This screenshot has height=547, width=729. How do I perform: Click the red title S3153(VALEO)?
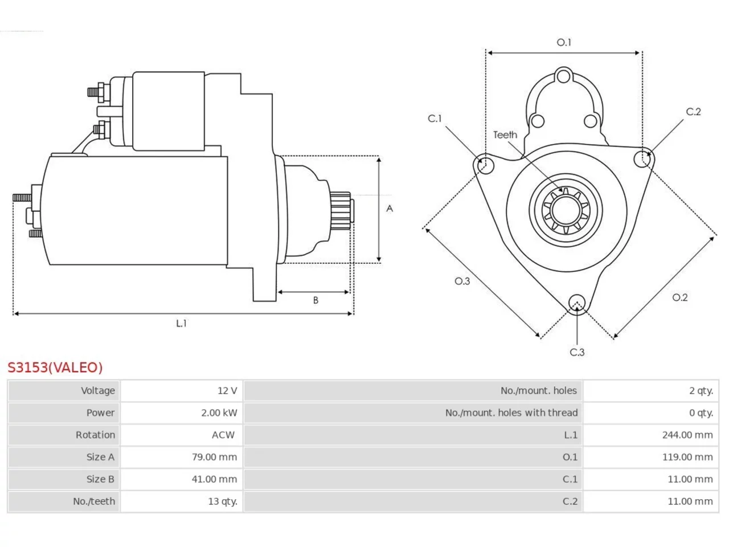pyautogui.click(x=55, y=368)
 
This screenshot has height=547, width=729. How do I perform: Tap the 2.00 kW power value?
pyautogui.click(x=219, y=413)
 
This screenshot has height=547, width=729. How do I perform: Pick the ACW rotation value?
pyautogui.click(x=223, y=435)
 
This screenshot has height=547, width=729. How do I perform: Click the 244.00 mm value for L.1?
pyautogui.click(x=687, y=435)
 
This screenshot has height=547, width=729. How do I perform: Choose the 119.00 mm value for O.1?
pyautogui.click(x=687, y=457)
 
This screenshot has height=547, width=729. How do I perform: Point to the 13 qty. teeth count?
pyautogui.click(x=223, y=501)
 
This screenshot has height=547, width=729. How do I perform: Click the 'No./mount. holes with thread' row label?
pyautogui.click(x=511, y=413)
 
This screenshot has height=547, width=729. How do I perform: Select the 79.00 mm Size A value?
pyautogui.click(x=214, y=457)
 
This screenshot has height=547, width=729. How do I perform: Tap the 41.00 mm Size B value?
pyautogui.click(x=214, y=479)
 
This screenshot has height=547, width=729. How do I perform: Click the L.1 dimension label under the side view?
pyautogui.click(x=181, y=323)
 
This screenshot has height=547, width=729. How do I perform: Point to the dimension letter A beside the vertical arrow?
pyautogui.click(x=390, y=209)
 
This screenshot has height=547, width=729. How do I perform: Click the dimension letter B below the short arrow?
pyautogui.click(x=316, y=300)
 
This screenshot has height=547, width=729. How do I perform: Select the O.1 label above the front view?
pyautogui.click(x=564, y=42)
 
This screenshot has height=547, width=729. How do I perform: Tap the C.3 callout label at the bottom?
pyautogui.click(x=577, y=352)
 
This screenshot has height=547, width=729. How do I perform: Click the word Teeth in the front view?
pyautogui.click(x=505, y=135)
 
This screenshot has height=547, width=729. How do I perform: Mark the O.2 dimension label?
pyautogui.click(x=680, y=297)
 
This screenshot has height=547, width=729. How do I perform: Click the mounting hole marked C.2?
pyautogui.click(x=642, y=159)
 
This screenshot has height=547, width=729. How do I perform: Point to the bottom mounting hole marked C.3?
pyautogui.click(x=577, y=303)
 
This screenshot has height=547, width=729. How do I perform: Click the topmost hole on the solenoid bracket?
pyautogui.click(x=563, y=76)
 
